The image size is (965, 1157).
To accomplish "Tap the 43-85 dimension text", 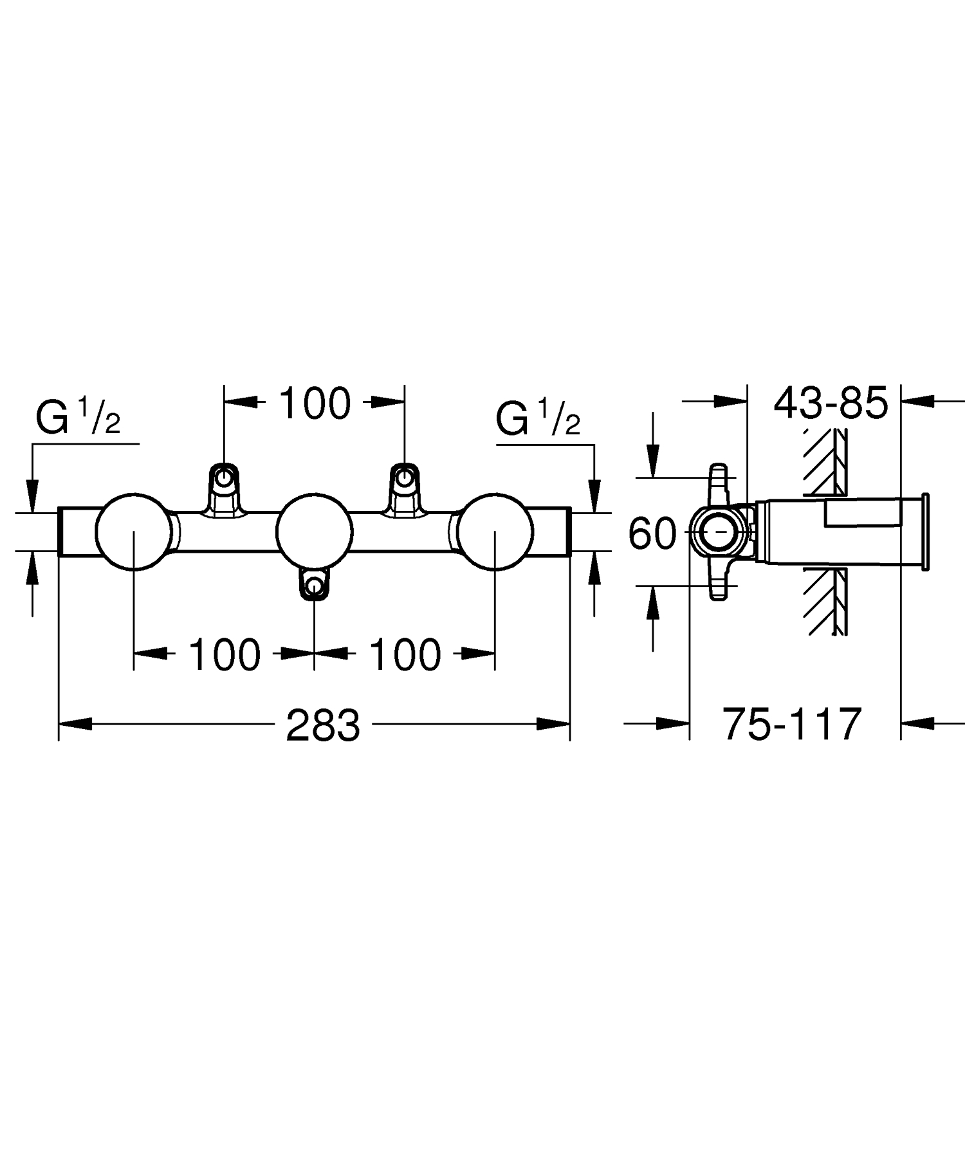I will (831, 404).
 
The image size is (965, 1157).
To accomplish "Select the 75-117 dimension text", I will (792, 724).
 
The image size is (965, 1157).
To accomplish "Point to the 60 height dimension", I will (652, 533).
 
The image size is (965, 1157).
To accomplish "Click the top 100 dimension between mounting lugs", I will (315, 404).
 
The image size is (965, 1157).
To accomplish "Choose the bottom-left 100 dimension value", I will (225, 655).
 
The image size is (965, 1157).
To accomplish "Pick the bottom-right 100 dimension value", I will (405, 655).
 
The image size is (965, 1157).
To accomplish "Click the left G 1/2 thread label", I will (78, 419).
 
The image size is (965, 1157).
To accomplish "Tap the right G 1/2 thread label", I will (538, 419).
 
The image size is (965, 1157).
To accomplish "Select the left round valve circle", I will (134, 532).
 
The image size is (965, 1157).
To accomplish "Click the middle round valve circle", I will (314, 532).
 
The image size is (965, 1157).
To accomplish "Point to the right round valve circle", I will (495, 532).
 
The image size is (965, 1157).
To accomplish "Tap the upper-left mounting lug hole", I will (223, 478).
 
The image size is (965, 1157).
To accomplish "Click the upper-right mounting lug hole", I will (404, 478).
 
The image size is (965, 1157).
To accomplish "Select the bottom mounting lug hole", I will (314, 586).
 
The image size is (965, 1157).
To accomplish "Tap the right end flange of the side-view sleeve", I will (925, 532).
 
